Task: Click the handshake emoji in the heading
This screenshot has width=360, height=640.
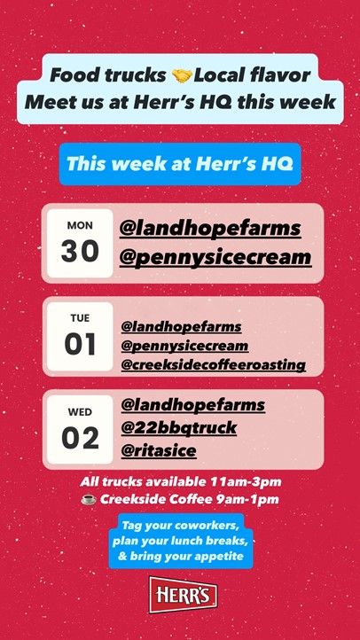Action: [x=182, y=75]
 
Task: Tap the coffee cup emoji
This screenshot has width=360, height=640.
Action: [x=88, y=500]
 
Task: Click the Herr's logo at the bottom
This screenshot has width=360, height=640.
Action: [x=183, y=595]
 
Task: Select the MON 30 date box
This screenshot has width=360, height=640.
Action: [x=80, y=243]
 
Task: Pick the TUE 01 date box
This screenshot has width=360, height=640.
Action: [x=80, y=336]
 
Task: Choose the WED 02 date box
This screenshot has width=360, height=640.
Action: [x=80, y=429]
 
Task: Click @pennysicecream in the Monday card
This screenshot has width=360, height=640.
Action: [x=215, y=258]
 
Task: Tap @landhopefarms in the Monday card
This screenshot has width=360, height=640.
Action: [x=210, y=229]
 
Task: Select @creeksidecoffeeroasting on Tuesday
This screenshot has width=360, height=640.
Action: [x=214, y=365]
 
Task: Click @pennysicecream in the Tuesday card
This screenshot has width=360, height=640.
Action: [x=184, y=346]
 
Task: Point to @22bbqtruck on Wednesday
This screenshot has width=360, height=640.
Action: [x=179, y=428]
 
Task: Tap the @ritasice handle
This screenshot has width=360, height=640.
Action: [x=159, y=451]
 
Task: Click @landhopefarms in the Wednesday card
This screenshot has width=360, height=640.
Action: [x=193, y=405]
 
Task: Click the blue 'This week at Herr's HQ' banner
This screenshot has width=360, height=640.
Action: [x=180, y=164]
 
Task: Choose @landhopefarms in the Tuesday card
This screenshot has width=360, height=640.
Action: [x=181, y=327]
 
